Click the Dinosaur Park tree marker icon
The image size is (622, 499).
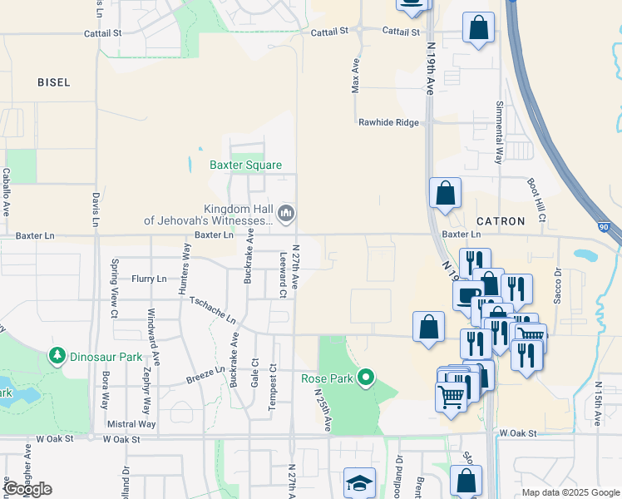57,357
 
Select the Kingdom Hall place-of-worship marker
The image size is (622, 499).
286,214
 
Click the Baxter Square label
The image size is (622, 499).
245,166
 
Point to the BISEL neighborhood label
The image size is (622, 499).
54,82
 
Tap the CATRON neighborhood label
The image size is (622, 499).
501,221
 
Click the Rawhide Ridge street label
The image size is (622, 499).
388,122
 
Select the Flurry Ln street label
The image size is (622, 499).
149,279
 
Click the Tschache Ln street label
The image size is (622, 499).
213,310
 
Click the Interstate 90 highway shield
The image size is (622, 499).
605,225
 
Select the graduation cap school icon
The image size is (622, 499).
360,483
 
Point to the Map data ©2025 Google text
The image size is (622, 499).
570,492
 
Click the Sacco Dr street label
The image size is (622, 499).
558,285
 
